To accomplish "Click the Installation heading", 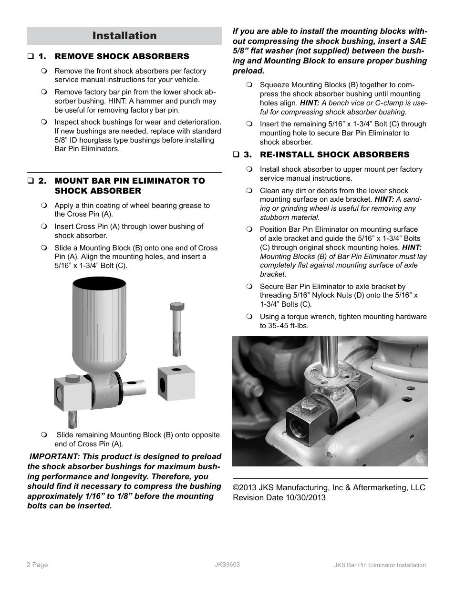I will coord(124,36).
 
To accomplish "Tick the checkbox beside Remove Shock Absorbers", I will coord(30,57).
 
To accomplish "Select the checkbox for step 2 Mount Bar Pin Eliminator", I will coord(30,181).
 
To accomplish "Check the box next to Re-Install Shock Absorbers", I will coord(236,155).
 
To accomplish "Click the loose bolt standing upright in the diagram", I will coord(176,329).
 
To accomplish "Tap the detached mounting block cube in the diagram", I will coord(176,383).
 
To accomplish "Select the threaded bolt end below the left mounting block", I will coord(72,419).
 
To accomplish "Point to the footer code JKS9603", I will coord(227,564).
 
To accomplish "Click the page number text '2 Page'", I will coord(37,565).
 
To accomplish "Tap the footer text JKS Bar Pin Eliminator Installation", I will coord(380,565).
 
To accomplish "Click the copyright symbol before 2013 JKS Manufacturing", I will coord(236,487).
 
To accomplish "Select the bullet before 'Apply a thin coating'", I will coord(44,206).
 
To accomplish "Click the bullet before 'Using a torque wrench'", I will coord(249,317).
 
